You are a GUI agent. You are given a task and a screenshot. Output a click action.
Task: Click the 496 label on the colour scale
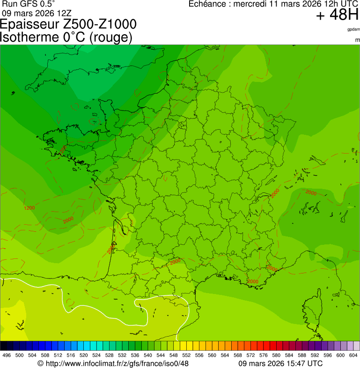tap(7, 356)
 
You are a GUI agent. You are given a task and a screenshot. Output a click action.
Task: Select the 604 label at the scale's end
tap(353, 356)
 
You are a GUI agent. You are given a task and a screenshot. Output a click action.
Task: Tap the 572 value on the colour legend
tap(250, 356)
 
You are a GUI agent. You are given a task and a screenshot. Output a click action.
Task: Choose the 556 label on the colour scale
tap(199, 356)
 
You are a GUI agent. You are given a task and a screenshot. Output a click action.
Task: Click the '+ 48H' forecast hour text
tap(337, 15)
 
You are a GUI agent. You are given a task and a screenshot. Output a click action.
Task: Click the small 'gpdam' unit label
tap(353, 29)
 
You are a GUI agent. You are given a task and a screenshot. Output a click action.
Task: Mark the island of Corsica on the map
tap(313, 309)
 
